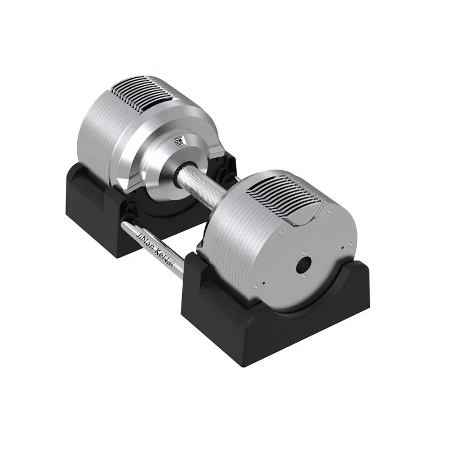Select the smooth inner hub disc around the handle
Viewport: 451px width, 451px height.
point(163,163)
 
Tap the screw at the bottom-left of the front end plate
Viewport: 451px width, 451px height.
point(262,284)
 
